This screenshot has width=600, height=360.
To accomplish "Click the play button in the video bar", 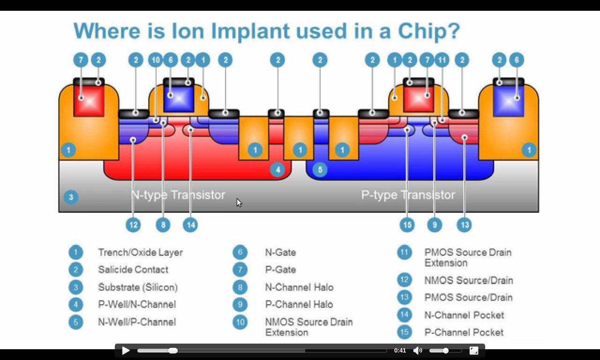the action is point(126,350).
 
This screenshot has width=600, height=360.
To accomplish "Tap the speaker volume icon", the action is point(418,350).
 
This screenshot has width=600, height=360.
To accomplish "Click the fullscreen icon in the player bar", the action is point(473,350).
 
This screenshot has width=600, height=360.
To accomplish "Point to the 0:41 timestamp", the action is point(400,350).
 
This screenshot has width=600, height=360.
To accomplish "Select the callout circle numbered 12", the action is point(133,225).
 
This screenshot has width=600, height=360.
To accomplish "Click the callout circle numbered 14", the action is point(190,225).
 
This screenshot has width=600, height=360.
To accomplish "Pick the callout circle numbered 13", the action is point(464,225).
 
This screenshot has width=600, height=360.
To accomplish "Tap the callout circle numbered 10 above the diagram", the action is point(156,60).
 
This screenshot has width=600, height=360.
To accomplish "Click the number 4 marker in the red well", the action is point(278,170).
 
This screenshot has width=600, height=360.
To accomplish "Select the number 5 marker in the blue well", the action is point(320,170).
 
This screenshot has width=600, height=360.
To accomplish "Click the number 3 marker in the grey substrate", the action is point(71,197).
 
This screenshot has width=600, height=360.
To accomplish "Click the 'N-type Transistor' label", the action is point(178,195).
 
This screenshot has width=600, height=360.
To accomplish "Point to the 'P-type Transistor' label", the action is point(408,195).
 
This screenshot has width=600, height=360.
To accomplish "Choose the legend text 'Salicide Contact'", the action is point(133,270).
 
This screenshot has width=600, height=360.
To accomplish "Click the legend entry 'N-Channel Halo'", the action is point(299,287).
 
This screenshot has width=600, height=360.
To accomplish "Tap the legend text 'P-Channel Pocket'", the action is point(464,332).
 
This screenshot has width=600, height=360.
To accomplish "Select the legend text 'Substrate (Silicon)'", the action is point(138,287).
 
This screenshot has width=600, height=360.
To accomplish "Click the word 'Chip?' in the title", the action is point(428,31).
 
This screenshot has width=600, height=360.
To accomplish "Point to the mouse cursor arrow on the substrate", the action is point(239,202).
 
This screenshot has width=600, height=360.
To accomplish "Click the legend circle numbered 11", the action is point(405,252).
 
